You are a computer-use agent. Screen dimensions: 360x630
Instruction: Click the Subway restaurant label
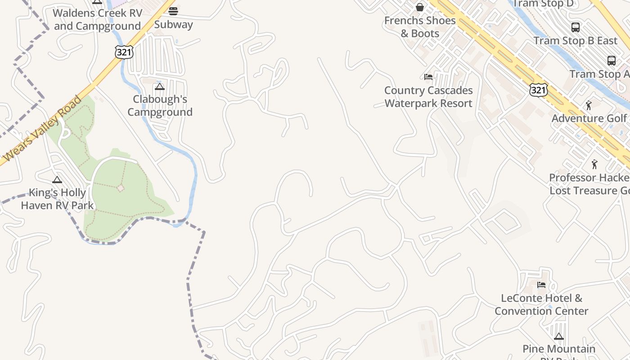click(173, 24)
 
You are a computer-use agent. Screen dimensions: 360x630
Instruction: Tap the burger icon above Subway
click(173, 11)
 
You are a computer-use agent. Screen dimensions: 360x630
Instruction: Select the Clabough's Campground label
click(160, 105)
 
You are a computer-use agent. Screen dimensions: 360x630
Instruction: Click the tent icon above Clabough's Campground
click(159, 86)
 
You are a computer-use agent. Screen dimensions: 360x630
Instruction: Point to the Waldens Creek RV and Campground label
click(97, 19)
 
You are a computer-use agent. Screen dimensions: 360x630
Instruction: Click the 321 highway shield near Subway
click(124, 52)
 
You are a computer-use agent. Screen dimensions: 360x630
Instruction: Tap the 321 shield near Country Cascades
click(538, 90)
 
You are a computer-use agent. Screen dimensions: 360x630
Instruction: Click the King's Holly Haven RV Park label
click(57, 199)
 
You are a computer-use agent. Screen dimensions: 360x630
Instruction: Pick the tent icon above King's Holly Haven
click(57, 180)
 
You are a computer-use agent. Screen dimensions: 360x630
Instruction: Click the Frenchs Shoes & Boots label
click(419, 27)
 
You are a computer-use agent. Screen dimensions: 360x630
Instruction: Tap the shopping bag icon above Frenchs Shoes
click(419, 7)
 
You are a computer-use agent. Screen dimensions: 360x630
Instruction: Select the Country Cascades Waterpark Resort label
click(428, 97)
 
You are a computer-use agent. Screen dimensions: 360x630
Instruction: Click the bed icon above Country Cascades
click(428, 77)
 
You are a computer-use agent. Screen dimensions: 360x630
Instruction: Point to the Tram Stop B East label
click(575, 40)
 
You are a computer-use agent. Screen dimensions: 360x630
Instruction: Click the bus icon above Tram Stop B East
click(575, 27)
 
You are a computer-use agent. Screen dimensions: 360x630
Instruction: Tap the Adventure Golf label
click(589, 118)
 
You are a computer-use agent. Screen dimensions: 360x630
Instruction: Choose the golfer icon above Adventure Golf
click(589, 105)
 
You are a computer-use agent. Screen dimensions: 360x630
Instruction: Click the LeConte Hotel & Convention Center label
click(541, 304)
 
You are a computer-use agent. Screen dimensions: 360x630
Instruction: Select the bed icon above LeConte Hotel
click(541, 284)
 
